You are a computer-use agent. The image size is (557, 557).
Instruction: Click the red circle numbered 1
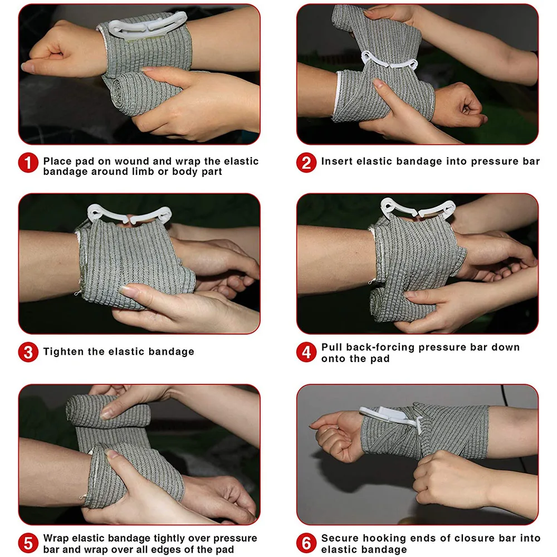pos(28,163)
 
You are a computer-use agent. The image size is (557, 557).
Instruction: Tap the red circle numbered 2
pos(306,163)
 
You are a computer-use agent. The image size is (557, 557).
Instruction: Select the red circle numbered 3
pos(28,353)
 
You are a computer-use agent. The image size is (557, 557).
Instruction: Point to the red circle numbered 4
pos(306,353)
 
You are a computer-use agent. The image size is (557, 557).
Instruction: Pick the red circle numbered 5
pos(28,543)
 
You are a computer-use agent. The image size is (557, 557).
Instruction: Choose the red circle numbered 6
pos(306,543)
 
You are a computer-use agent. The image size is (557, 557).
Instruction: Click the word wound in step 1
pos(131,162)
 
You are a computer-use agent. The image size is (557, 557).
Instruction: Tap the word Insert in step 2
pos(337,162)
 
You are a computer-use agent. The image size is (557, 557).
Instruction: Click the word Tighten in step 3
pos(64,351)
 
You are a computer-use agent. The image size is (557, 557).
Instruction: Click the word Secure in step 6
pos(340,538)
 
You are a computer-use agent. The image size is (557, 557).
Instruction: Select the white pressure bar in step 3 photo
pos(129,216)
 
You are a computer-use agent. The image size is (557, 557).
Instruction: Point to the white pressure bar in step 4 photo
pos(418,209)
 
